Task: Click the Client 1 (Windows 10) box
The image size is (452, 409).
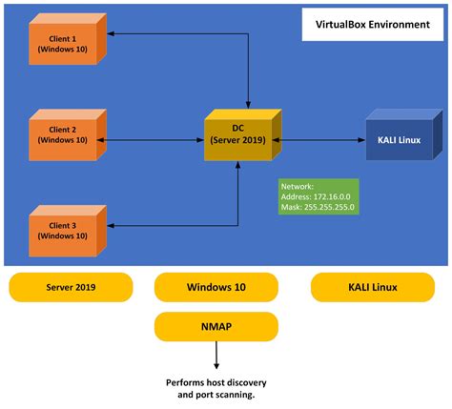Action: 62,44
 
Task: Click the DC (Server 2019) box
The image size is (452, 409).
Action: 237,136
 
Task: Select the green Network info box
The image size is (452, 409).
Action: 319,198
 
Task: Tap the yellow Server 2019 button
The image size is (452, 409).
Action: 71,286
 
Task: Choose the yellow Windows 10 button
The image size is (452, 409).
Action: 216,286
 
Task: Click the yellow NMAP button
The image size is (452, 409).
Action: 216,326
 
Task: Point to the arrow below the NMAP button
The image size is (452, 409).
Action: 216,356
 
